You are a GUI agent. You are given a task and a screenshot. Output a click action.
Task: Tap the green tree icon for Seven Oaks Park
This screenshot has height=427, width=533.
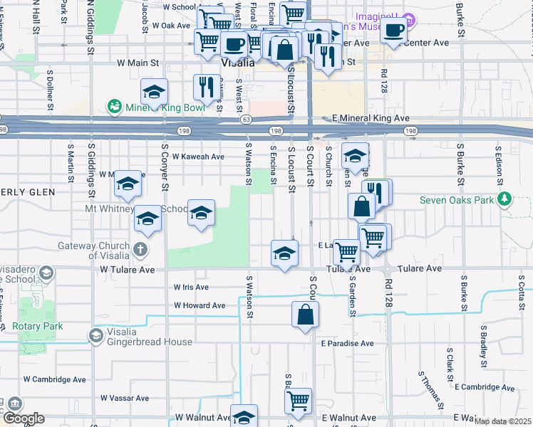pos(505,198)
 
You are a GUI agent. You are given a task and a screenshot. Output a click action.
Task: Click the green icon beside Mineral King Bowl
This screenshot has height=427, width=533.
pos(113,107)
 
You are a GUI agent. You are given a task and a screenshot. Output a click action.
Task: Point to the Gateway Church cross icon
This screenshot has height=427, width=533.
pos(140,250)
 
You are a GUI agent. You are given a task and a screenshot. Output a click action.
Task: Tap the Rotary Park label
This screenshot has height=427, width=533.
pos(37,326)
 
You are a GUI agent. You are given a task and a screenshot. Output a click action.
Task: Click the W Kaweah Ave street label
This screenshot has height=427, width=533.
pos(192,157)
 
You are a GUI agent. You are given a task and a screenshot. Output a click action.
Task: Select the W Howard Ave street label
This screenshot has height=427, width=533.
pos(200,305)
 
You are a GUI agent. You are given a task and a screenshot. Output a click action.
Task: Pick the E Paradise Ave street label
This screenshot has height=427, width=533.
pos(347,343)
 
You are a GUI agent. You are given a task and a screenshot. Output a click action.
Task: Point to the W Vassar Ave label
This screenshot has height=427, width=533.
pos(124,398)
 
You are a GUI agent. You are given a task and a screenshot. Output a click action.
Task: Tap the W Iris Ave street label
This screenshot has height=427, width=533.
pos(192,288)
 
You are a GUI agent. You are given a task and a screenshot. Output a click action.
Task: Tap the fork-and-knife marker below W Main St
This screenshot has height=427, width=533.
pos(207,87)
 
